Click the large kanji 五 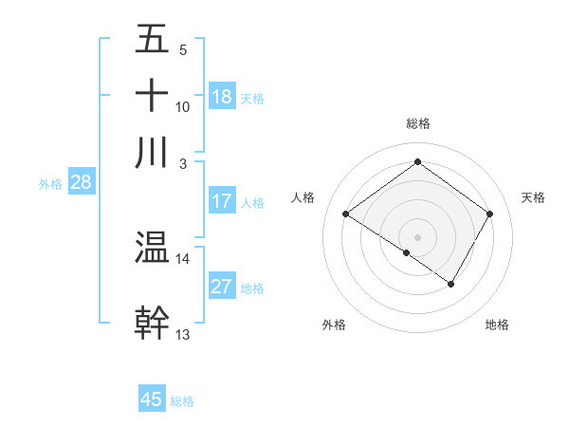[153, 39]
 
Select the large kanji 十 [153, 96]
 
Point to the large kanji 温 [153, 249]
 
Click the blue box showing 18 [222, 97]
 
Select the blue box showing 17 [222, 201]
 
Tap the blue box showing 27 [222, 287]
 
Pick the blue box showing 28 [81, 183]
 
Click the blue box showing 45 [152, 400]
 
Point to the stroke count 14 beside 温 [182, 258]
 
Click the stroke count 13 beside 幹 [182, 334]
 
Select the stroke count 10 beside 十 [182, 106]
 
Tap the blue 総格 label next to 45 [182, 401]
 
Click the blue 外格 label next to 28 [50, 184]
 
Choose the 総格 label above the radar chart [417, 123]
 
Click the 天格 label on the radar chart [533, 197]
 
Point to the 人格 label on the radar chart [303, 197]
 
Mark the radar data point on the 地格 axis [451, 284]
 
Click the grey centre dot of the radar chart [417, 236]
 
